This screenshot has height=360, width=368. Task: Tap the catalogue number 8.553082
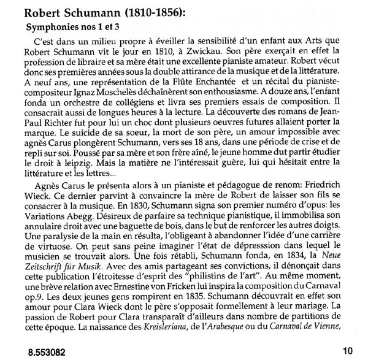coord(44,352)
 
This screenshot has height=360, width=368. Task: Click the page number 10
coord(348,351)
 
